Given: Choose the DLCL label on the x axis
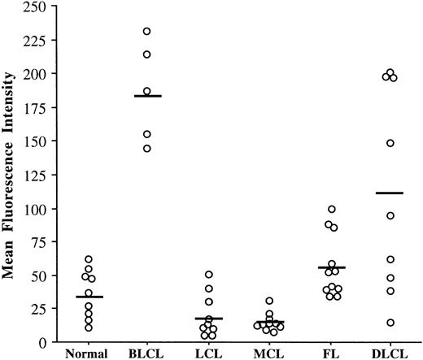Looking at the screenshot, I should tap(389, 352).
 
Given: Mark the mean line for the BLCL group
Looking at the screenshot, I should tap(148, 96).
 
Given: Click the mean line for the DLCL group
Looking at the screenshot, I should tap(390, 193).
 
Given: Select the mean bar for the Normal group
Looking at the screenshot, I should tap(89, 297).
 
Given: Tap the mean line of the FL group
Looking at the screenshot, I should tap(331, 267).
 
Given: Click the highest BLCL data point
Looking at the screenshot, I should tap(147, 32).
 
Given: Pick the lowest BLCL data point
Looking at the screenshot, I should tap(147, 149).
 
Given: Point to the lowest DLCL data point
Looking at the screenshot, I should tap(390, 323).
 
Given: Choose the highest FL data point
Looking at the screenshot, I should tap(331, 210).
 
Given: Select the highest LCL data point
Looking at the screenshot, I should tap(208, 275).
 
